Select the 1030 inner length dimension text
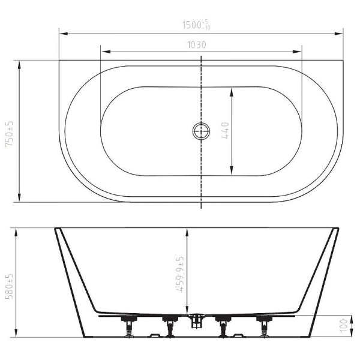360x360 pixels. click(x=197, y=45)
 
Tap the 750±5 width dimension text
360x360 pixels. click(x=10, y=134)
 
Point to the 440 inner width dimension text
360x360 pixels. click(x=225, y=131)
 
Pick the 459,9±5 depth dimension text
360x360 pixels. click(x=181, y=274)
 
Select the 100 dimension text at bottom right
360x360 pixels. click(x=344, y=326)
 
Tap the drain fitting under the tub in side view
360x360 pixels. click(x=196, y=321)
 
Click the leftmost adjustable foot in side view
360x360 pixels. click(x=129, y=326)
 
